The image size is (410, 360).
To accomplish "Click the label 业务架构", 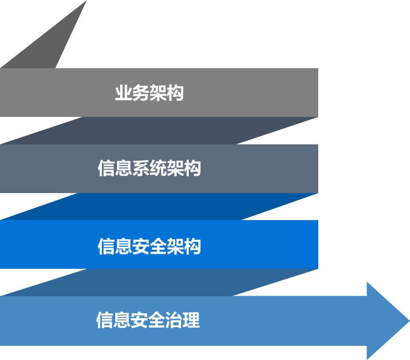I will tap(149, 93).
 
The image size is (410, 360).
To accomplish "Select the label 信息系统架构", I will tap(149, 169).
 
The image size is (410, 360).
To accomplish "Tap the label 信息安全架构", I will tap(149, 246).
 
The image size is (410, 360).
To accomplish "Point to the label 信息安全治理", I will tap(148, 320).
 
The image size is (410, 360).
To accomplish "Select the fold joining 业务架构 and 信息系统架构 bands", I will tap(160, 131).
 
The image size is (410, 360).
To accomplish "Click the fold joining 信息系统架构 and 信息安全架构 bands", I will tap(160, 206).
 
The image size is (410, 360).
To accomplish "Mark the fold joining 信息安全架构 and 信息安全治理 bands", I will tap(160, 282).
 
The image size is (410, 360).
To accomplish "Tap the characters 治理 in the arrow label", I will tap(183, 320).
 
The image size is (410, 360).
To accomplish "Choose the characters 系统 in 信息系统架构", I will tap(149, 169).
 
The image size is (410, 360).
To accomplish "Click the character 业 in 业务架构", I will tap(123, 93).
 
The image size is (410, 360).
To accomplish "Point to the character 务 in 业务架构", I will tap(141, 93).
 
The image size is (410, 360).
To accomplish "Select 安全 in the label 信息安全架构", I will tap(149, 246).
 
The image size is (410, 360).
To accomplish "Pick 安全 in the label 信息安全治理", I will tap(148, 320).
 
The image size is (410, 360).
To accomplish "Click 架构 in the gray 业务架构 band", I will tap(167, 93).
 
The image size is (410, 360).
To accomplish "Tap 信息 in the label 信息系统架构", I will tap(115, 169).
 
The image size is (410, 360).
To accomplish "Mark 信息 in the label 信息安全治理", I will tap(113, 320).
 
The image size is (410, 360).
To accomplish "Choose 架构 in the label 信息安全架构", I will tap(184, 246).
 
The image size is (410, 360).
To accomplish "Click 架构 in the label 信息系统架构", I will tap(184, 169).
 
